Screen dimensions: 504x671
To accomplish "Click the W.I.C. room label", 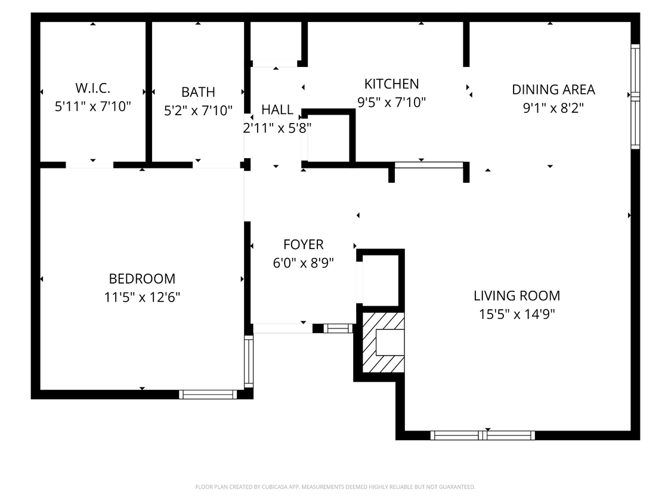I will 92,88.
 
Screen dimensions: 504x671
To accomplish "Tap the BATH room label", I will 198,92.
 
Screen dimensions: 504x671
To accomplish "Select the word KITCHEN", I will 391,84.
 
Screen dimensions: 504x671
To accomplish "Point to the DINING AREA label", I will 554,90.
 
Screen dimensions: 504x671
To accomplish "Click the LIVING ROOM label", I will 517,296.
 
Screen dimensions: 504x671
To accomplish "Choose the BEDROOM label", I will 142,279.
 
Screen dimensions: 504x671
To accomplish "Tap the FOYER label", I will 303,244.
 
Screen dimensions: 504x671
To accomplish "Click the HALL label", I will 277,109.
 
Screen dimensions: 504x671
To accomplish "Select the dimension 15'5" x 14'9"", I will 517,314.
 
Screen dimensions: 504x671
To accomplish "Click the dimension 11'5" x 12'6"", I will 142,297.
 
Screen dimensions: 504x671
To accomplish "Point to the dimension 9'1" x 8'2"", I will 554,108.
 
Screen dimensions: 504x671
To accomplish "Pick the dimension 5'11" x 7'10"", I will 92,107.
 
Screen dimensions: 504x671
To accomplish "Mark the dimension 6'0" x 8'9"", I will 303,263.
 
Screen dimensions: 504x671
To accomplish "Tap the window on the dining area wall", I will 635,96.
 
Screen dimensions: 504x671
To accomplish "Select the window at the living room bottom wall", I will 483,435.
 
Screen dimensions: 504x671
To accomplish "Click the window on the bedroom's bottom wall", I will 208,394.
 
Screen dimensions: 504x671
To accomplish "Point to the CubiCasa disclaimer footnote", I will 335,487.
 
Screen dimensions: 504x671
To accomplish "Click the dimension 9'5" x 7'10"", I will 391,102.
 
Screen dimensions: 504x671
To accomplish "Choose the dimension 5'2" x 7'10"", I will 198,110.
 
